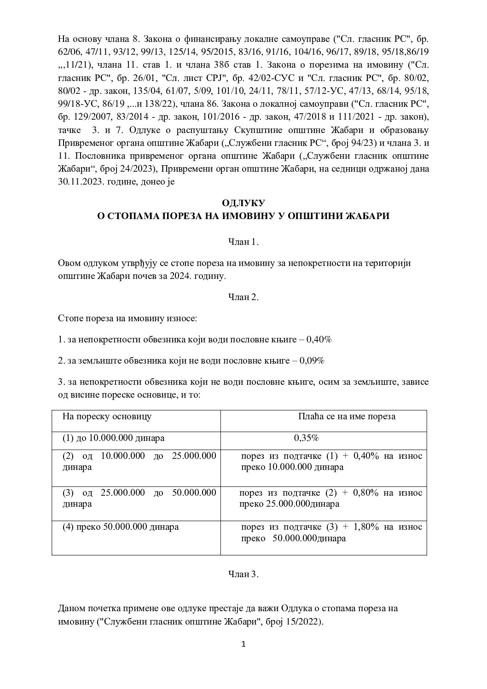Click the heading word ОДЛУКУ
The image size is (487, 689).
click(243, 203)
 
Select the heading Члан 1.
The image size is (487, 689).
click(243, 242)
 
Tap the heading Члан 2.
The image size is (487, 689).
click(243, 297)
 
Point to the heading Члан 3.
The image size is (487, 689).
click(243, 574)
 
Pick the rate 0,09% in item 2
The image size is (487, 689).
click(312, 360)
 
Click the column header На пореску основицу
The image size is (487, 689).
click(107, 417)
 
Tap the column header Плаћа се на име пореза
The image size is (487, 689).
click(347, 417)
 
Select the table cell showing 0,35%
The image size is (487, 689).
click(307, 438)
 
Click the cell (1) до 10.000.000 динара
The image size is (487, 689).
click(114, 438)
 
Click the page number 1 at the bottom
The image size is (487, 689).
click(244, 644)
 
